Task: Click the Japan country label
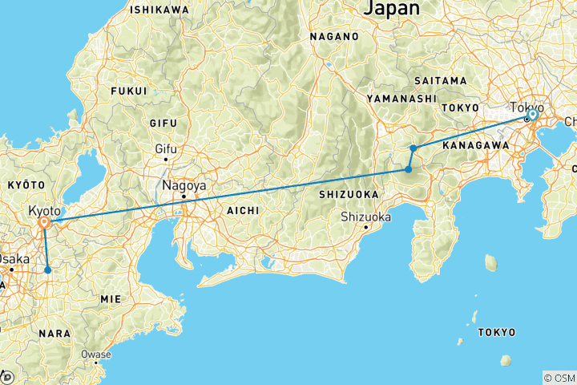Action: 391,9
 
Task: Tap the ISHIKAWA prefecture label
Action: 159,10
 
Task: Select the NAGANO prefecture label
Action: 334,37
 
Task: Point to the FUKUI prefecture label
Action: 130,91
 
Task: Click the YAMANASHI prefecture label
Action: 401,98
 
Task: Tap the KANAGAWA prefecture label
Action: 476,145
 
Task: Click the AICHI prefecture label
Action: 242,210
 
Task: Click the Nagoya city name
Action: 184,185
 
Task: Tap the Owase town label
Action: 95,353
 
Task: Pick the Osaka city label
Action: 13,258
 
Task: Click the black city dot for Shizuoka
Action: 365,227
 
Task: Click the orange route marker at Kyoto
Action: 45,222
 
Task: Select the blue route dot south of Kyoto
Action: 48,270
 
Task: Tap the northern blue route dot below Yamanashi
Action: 413,148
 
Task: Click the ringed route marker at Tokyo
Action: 532,115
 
